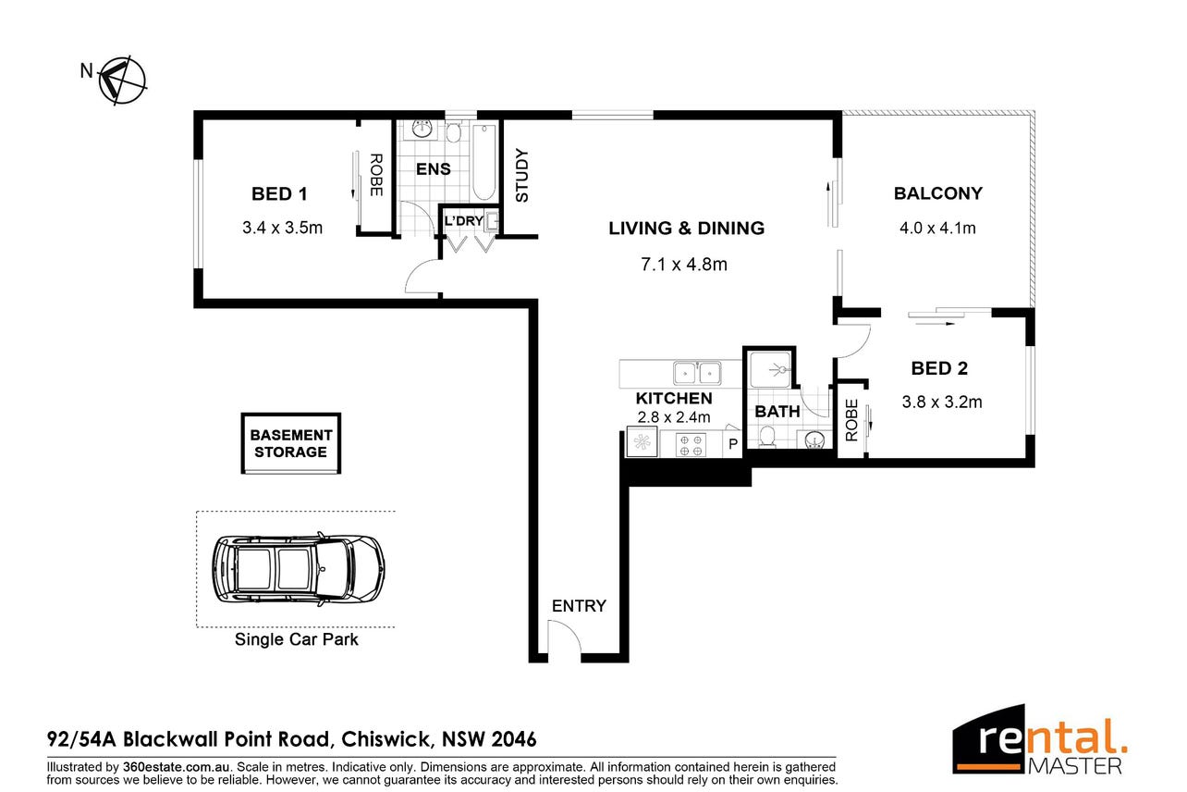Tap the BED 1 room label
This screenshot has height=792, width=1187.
tap(279, 193)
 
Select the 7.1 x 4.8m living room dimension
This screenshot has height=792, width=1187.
tap(683, 265)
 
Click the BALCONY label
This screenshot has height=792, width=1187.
tap(938, 193)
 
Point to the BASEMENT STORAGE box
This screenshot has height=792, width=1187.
tap(291, 443)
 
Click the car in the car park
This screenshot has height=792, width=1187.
tap(299, 569)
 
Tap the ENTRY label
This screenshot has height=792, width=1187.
tap(579, 606)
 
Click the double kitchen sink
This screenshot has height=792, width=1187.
tap(697, 373)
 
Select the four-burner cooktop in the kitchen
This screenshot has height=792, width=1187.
tap(691, 444)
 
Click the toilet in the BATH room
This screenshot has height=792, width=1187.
tap(766, 437)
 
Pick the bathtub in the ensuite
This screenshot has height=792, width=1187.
tap(483, 161)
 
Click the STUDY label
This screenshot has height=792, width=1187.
tap(522, 176)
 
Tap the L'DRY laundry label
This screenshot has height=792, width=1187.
tap(464, 221)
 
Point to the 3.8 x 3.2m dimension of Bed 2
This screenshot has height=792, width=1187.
tap(942, 402)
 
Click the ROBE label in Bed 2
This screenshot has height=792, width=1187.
tap(851, 421)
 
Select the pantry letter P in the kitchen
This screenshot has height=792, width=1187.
tap(733, 444)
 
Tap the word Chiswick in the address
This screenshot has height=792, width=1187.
tap(385, 739)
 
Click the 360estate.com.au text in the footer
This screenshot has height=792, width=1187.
tap(176, 766)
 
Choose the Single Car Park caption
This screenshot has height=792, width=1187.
tap(296, 639)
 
